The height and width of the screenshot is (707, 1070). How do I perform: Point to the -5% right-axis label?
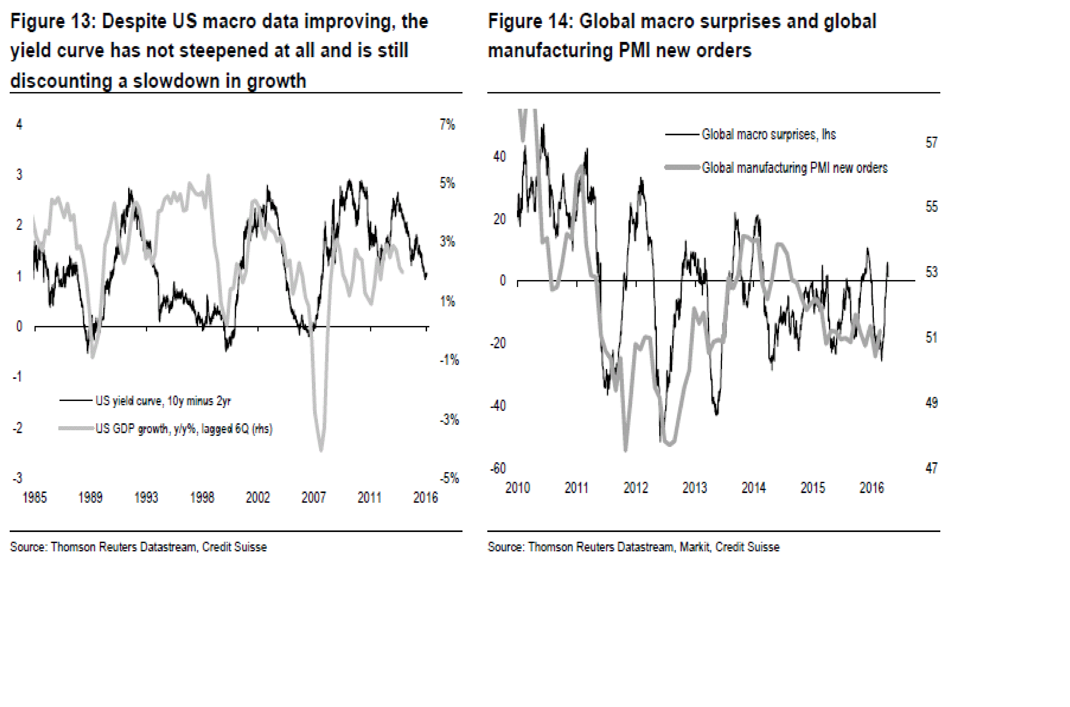pos(449,478)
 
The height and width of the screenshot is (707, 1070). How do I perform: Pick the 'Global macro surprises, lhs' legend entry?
pos(768,134)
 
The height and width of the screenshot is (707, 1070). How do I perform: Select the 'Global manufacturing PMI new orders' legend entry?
pos(795,168)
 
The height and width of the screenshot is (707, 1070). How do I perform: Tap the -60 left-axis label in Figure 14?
pos(498,468)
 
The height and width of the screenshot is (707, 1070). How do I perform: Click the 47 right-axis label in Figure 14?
pos(932,468)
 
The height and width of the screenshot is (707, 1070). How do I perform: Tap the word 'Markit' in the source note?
pos(695,547)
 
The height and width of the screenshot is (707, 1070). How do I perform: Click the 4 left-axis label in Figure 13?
pos(19,124)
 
